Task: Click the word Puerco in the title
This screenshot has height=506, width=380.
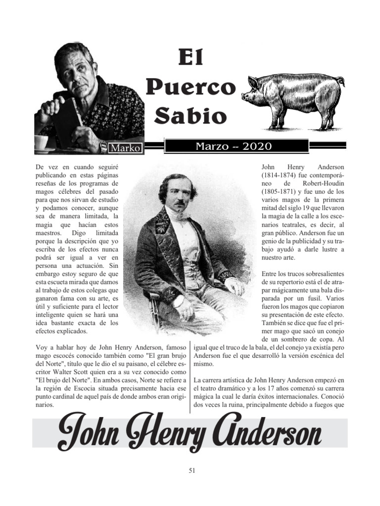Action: [190, 88]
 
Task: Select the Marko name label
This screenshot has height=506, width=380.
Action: [126, 148]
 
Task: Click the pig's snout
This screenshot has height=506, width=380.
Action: [244, 97]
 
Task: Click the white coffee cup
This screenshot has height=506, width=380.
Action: [41, 142]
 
